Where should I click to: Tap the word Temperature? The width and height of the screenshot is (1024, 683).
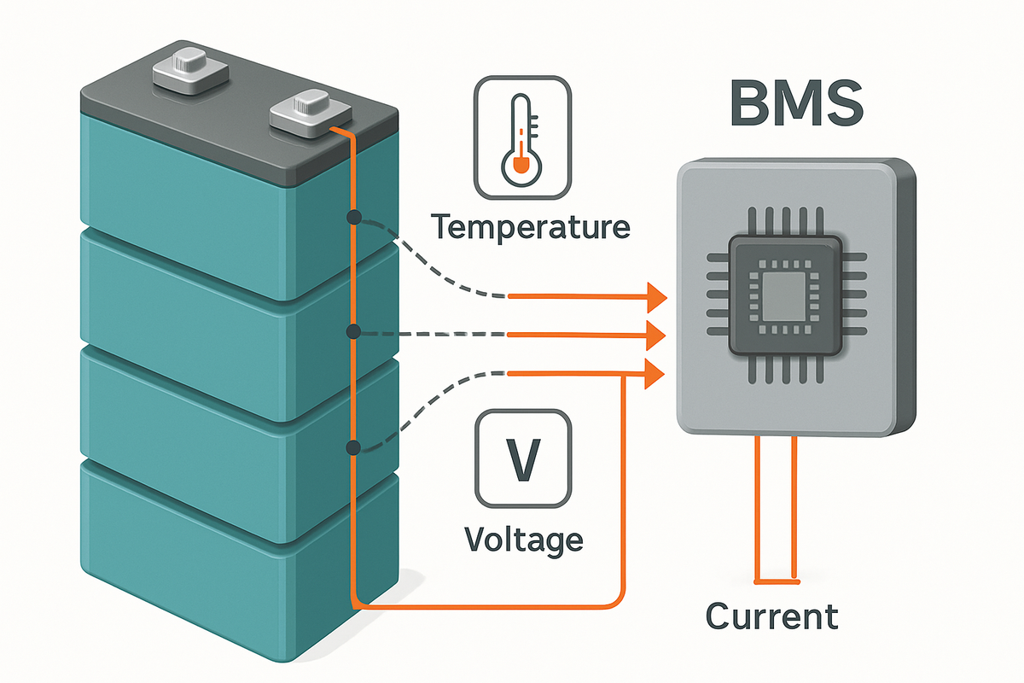[530, 227]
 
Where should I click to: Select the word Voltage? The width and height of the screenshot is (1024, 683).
[524, 540]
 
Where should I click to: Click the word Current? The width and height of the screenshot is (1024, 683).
[772, 616]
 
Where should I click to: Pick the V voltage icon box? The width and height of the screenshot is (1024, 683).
[523, 459]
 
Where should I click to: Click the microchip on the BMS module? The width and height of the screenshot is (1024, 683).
[784, 296]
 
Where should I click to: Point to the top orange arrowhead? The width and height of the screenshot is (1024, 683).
[656, 297]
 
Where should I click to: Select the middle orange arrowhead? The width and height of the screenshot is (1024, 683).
[656, 336]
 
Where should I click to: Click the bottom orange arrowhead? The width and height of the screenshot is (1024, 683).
[656, 372]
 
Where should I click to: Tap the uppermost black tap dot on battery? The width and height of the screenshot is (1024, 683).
[352, 219]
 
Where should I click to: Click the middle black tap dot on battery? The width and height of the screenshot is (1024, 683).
[352, 331]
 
